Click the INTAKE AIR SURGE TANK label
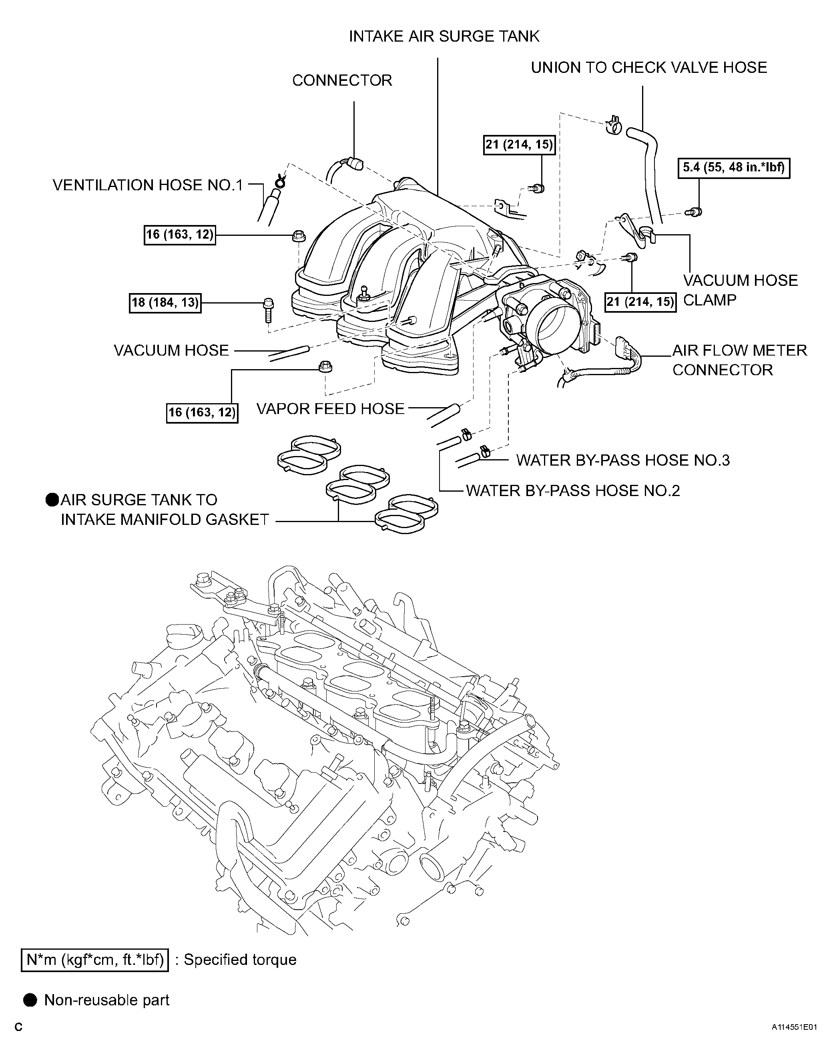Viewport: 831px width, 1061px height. point(444,36)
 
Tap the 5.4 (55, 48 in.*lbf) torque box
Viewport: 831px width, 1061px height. point(733,168)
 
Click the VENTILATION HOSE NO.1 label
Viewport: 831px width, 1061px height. point(147,185)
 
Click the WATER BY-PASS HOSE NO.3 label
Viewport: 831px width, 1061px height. point(623,460)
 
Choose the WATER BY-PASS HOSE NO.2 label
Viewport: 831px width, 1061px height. point(573,490)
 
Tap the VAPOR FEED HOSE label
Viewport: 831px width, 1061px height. point(330,409)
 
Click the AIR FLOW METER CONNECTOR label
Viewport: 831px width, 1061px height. point(739,360)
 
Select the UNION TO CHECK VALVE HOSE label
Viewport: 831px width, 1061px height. point(648,68)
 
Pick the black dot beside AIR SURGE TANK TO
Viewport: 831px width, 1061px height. point(52,500)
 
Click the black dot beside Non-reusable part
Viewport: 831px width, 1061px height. point(30,1000)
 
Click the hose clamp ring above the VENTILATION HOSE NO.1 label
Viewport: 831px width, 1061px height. point(281,182)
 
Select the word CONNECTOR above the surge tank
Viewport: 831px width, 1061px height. point(342,80)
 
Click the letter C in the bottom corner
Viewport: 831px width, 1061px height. point(18,1041)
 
